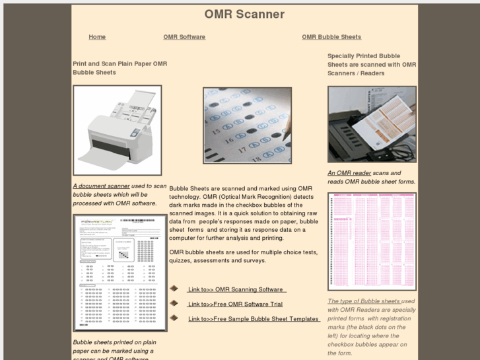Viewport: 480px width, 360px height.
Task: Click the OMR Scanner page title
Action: pyautogui.click(x=244, y=14)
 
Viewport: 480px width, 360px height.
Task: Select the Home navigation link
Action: pyautogui.click(x=97, y=37)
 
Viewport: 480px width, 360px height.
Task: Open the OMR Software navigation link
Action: pyautogui.click(x=184, y=37)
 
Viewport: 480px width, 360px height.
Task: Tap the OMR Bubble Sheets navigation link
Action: pyautogui.click(x=331, y=37)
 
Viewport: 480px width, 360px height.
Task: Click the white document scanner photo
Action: pyautogui.click(x=118, y=130)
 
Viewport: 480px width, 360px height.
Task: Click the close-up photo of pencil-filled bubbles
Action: pyautogui.click(x=247, y=126)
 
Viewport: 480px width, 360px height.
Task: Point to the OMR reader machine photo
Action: pyautogui.click(x=372, y=124)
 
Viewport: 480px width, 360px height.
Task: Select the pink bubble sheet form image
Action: pyautogui.click(x=372, y=241)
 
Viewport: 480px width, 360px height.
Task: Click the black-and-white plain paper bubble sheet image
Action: pyautogui.click(x=120, y=272)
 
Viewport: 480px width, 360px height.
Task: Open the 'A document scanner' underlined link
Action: pyautogui.click(x=101, y=186)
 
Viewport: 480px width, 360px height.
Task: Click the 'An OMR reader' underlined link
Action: pyautogui.click(x=349, y=173)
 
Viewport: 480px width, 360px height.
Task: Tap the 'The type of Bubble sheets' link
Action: pyautogui.click(x=364, y=301)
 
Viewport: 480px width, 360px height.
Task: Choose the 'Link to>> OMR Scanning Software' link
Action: pyautogui.click(x=236, y=289)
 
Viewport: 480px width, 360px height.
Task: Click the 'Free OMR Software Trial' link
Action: pyautogui.click(x=235, y=305)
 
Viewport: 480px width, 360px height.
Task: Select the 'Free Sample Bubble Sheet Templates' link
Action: pyautogui.click(x=254, y=319)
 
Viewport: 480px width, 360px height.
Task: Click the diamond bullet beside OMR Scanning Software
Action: pyautogui.click(x=174, y=289)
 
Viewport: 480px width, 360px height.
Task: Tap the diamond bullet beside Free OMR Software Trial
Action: pyautogui.click(x=174, y=303)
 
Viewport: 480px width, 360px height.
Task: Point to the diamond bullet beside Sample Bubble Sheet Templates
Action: pyautogui.click(x=174, y=318)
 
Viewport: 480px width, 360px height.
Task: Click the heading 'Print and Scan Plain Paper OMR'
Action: pyautogui.click(x=120, y=64)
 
